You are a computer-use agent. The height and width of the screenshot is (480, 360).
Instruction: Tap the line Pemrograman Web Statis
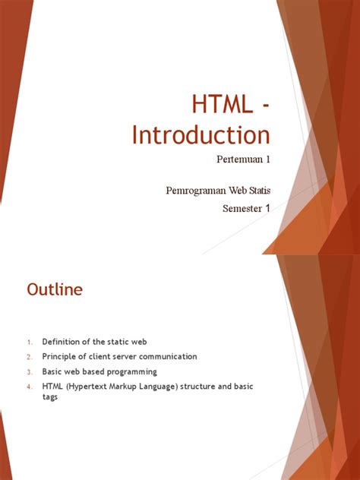218,188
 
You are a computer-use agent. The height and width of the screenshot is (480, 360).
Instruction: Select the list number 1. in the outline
29,342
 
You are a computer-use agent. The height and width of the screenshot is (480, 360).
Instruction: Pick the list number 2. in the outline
29,357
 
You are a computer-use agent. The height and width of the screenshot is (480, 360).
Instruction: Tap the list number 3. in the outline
29,372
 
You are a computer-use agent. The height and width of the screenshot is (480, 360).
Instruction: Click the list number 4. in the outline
29,387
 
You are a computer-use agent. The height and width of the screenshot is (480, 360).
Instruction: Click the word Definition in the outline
64,342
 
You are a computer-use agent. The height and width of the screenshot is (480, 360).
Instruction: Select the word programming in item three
130,371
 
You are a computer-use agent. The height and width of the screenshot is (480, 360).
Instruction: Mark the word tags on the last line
50,397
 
